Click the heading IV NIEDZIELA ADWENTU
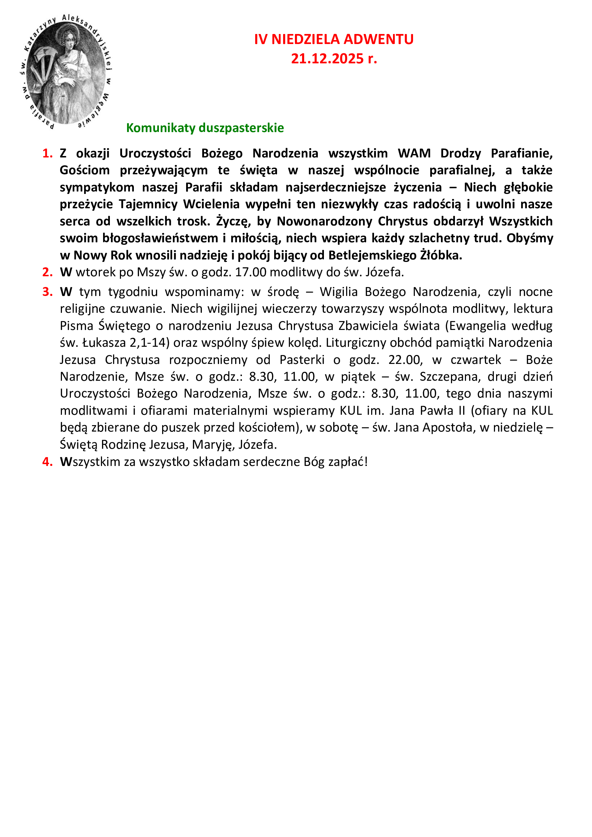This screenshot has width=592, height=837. tap(334, 39)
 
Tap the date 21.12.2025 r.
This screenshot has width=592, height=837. tap(334, 59)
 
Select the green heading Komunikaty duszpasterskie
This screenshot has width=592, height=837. tap(205, 128)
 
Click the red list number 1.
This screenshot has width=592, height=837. tap(47, 154)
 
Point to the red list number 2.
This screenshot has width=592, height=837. tap(47, 272)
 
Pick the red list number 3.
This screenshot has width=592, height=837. tap(47, 292)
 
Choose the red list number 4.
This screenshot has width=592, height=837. tap(47, 462)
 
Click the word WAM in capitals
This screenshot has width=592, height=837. tap(414, 154)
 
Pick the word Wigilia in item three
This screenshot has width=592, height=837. tap(338, 292)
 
